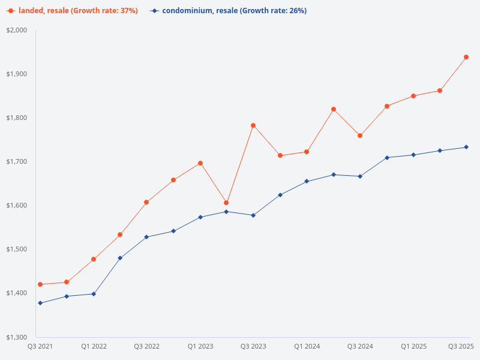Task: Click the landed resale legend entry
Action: tap(72, 11)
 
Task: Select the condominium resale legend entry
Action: tap(228, 11)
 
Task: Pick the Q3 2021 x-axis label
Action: tap(40, 346)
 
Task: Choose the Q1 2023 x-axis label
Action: tap(200, 346)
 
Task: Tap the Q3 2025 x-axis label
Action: tap(461, 346)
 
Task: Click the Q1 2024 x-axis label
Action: tap(307, 346)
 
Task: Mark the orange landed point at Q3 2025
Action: tap(466, 57)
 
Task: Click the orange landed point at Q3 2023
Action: tap(253, 125)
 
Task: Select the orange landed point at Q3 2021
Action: tap(40, 284)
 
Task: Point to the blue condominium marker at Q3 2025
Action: tap(466, 147)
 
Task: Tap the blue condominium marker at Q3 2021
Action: tap(40, 303)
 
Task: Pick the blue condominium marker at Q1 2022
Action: tap(94, 294)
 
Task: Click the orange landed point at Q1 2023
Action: tap(200, 163)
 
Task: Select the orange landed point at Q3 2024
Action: tap(360, 136)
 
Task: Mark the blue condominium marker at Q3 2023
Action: tap(253, 215)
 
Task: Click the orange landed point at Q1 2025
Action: tap(413, 96)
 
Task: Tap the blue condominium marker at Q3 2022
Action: tap(146, 237)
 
